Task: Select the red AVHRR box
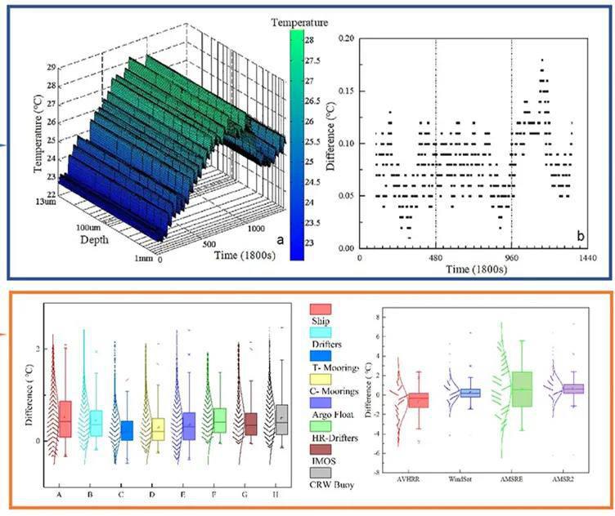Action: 419,399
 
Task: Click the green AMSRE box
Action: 522,389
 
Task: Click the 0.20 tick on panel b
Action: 346,38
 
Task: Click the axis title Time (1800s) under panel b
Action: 474,269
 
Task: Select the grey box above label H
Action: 282,420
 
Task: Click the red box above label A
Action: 65,418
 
